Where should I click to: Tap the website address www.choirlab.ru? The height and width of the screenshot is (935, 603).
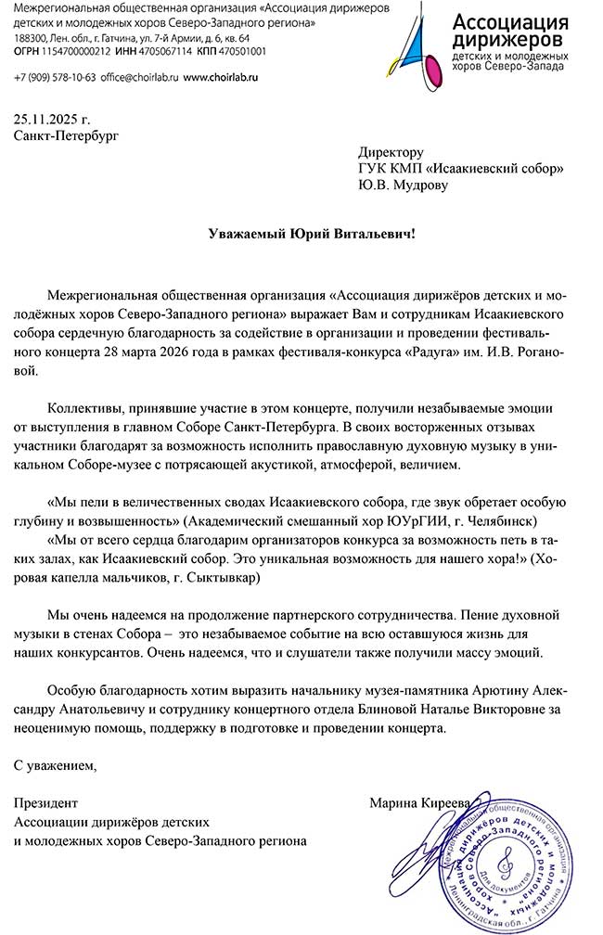click(x=220, y=78)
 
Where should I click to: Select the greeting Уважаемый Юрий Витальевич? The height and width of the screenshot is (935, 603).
click(x=312, y=234)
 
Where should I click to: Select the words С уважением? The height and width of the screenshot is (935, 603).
click(x=55, y=765)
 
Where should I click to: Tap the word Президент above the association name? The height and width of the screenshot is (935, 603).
click(x=47, y=802)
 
